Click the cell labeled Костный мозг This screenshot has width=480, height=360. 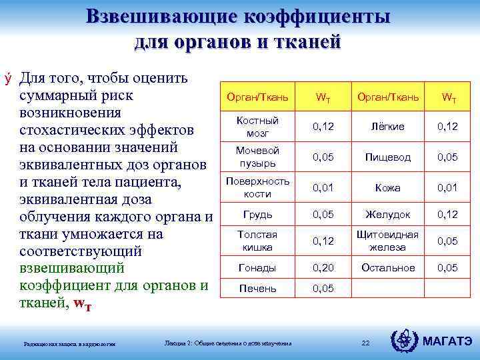[257, 126]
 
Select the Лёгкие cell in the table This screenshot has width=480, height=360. [387, 126]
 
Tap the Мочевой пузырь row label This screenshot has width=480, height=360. [257, 157]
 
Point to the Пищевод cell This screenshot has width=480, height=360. [387, 157]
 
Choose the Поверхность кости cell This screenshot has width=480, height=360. [257, 187]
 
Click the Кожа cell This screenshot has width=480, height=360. [387, 187]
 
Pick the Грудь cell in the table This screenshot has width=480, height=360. [257, 215]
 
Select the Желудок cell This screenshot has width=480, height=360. [387, 215]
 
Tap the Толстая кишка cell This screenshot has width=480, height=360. [257, 241]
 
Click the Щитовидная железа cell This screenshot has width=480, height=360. [387, 241]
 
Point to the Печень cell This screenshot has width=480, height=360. [257, 289]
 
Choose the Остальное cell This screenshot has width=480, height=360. [387, 267]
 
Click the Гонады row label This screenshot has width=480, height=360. [257, 267]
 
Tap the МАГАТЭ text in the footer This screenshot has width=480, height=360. [448, 341]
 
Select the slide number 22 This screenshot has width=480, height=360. [365, 343]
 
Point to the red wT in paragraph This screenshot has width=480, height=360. [82, 303]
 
